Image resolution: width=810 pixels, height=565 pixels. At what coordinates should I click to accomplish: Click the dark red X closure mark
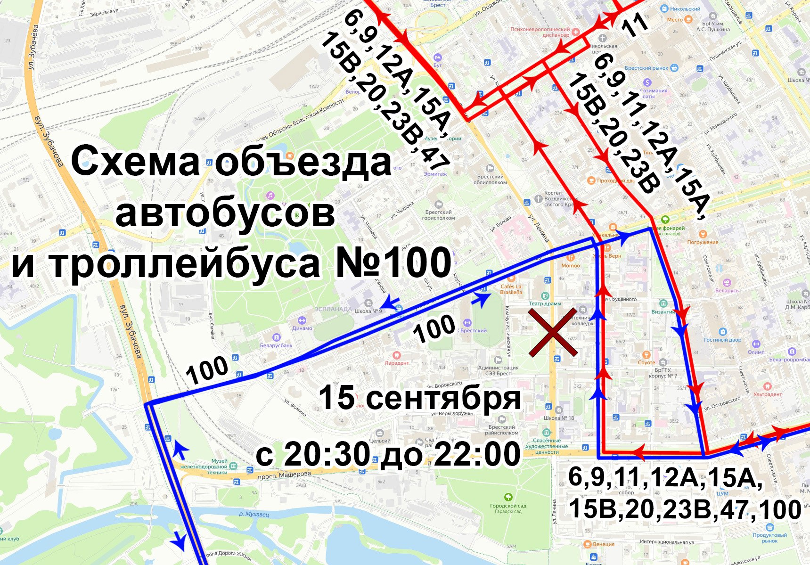click(x=553, y=332)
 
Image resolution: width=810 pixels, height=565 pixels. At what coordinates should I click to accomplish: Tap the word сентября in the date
click(x=442, y=398)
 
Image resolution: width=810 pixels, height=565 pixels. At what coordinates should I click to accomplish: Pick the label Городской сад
click(x=508, y=506)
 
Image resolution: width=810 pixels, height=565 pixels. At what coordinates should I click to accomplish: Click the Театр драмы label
click(x=545, y=303)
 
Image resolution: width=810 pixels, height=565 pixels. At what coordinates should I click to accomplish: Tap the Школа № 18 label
click(x=559, y=418)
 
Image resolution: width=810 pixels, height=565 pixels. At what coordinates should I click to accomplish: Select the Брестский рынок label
click(x=646, y=68)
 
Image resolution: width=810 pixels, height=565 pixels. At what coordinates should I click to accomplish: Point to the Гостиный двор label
click(x=722, y=339)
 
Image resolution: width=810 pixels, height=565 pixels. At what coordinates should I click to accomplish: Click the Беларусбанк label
click(x=276, y=345)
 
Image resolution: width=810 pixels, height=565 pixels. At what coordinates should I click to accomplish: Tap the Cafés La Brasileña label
click(x=511, y=289)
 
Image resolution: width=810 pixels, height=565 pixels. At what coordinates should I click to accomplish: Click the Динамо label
click(x=302, y=328)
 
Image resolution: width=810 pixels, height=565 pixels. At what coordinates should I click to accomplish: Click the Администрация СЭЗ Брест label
click(x=498, y=370)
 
